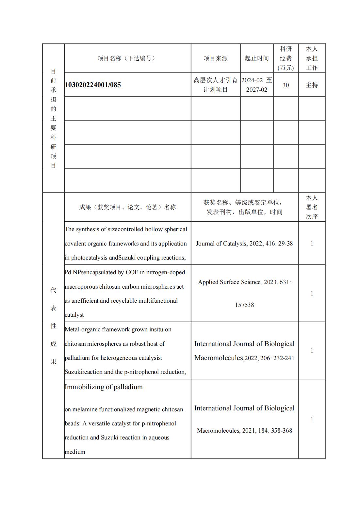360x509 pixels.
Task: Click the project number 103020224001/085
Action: click(x=93, y=85)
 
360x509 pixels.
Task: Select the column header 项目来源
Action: click(x=216, y=58)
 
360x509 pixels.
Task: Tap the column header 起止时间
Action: click(x=257, y=58)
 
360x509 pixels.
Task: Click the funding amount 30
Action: click(x=286, y=85)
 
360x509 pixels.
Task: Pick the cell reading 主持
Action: click(x=312, y=85)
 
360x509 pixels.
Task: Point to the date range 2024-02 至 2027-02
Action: click(x=257, y=85)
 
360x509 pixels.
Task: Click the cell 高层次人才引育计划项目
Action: click(x=216, y=85)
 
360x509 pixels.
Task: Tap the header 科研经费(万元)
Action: click(x=286, y=58)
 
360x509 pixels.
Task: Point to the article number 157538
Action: click(x=244, y=305)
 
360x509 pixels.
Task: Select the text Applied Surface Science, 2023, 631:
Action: click(x=244, y=282)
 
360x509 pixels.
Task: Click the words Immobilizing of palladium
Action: click(x=104, y=387)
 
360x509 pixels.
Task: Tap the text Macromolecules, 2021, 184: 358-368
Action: click(x=244, y=431)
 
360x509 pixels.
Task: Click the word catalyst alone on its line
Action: click(x=74, y=315)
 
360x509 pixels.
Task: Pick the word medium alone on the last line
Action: click(x=75, y=452)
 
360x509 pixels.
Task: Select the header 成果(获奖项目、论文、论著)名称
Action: click(x=127, y=207)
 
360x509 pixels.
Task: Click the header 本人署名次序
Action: click(x=312, y=207)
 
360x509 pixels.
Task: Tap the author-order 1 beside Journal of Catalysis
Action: click(x=312, y=244)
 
